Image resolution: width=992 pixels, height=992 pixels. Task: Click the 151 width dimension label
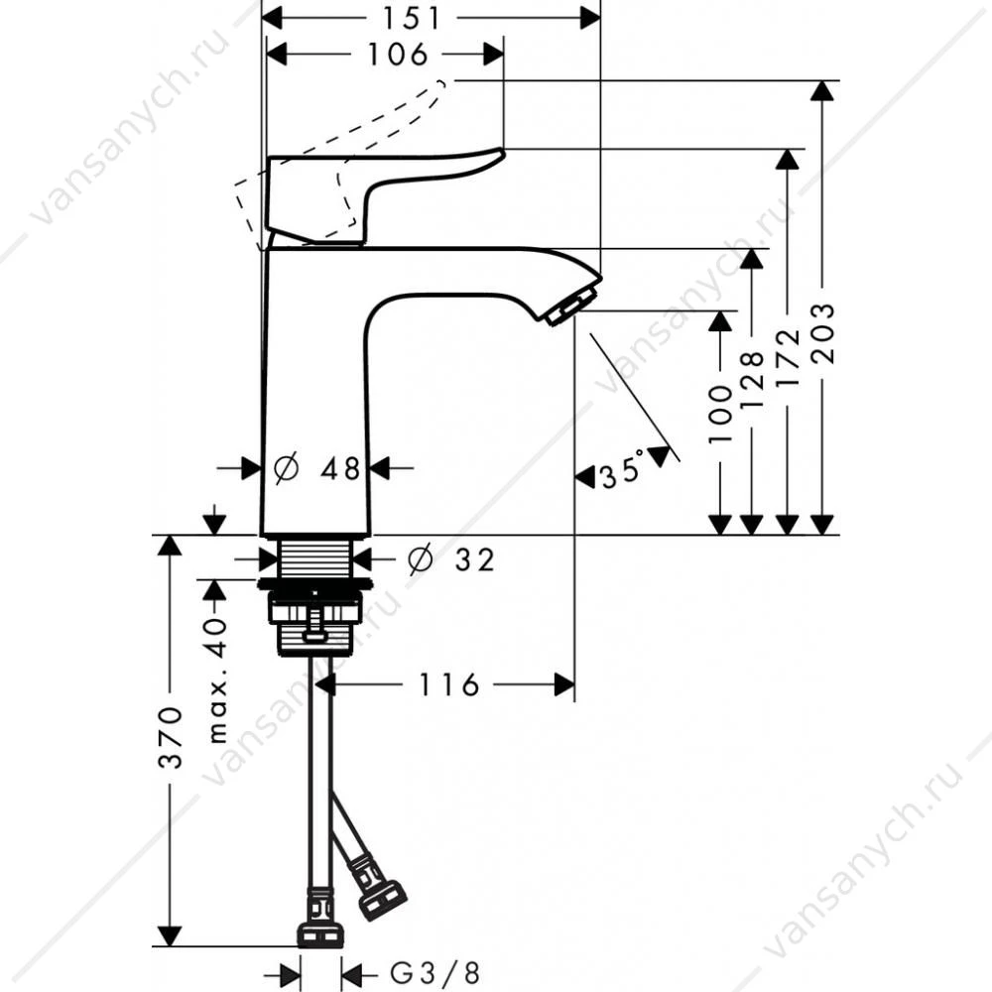[412, 18]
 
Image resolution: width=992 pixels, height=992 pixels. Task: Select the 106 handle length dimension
[398, 55]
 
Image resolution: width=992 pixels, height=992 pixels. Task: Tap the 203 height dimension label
[823, 332]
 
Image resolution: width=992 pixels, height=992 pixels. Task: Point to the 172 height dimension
[789, 357]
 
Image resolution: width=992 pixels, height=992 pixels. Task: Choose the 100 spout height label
[720, 414]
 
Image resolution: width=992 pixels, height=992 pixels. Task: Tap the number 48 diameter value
[339, 469]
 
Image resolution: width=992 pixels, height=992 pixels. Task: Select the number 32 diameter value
[474, 559]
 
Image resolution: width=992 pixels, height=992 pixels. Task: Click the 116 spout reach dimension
[449, 684]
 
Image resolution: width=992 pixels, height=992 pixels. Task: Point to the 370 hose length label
[171, 738]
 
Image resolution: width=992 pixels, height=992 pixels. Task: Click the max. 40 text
[217, 681]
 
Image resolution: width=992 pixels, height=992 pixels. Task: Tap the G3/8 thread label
[434, 973]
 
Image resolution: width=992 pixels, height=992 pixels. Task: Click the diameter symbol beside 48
[286, 469]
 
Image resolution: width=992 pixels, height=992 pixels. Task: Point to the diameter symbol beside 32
[420, 559]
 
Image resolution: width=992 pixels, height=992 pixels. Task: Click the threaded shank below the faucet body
[314, 557]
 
